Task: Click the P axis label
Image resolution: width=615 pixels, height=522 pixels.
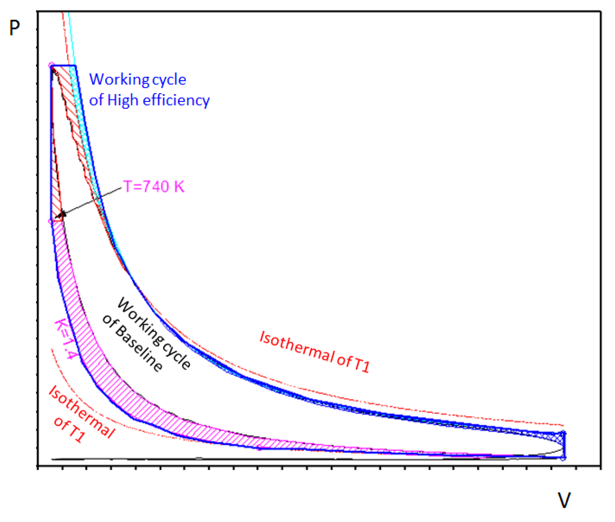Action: pyautogui.click(x=14, y=28)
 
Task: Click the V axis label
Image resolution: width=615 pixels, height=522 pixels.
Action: pyautogui.click(x=564, y=500)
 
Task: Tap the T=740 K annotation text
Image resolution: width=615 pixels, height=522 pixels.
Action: pyautogui.click(x=154, y=186)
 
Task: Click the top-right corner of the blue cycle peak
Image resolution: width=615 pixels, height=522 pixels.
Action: pyautogui.click(x=75, y=66)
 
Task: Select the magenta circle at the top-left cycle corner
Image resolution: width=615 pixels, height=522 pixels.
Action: pyautogui.click(x=52, y=65)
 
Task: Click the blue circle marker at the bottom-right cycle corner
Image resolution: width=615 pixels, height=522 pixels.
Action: pyautogui.click(x=563, y=458)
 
